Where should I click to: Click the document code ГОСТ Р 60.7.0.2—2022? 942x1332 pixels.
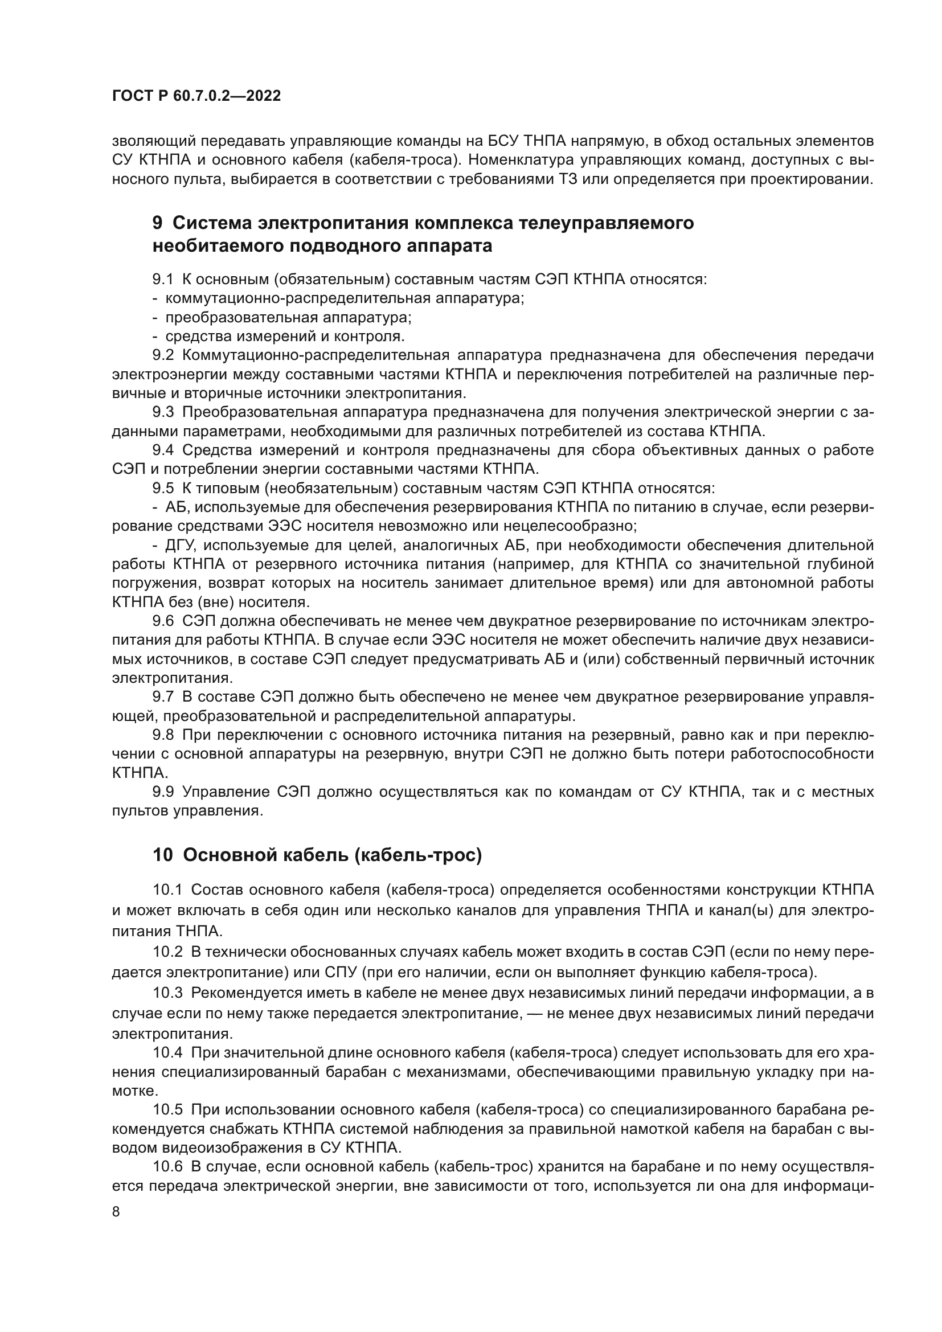coord(196,96)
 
